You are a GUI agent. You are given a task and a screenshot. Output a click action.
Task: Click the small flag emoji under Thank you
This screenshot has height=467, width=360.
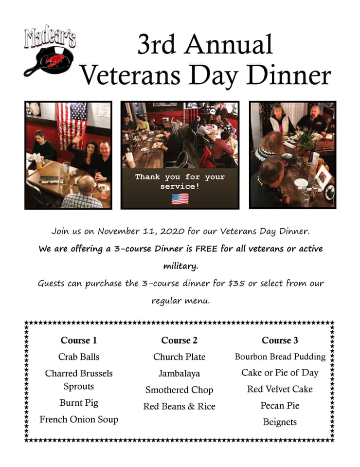(x=180, y=198)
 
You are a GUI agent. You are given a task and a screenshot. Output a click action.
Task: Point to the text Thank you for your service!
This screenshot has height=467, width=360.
(x=180, y=181)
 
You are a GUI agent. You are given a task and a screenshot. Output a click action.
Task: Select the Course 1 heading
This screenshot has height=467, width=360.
(x=79, y=340)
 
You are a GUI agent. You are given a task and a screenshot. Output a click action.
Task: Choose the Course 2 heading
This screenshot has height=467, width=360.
(x=179, y=340)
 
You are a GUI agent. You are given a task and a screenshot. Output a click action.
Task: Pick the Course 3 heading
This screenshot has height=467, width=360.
(x=280, y=340)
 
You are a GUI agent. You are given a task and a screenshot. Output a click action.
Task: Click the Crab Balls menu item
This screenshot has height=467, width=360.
(x=79, y=357)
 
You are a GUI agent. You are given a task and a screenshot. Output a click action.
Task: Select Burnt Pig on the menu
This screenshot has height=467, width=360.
(x=79, y=403)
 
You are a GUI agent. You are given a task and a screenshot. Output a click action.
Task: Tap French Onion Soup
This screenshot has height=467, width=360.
(x=79, y=419)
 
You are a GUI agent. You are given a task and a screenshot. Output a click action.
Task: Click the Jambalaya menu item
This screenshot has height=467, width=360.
(x=179, y=374)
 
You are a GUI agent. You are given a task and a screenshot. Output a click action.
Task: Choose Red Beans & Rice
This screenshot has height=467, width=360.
(x=179, y=406)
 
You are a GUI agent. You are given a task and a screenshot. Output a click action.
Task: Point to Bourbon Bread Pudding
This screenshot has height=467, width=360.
(x=280, y=357)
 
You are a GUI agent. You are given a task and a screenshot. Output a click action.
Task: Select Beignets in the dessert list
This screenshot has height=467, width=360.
(x=280, y=422)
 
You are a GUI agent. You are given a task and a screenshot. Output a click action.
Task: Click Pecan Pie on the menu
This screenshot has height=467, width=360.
(x=280, y=405)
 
